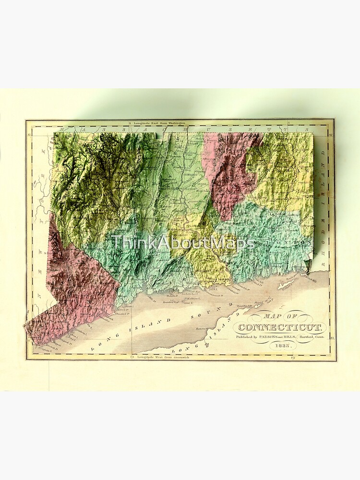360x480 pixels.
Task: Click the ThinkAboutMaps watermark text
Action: point(183,243)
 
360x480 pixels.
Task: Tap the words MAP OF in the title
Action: point(280,317)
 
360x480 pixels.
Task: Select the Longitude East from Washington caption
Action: point(158,123)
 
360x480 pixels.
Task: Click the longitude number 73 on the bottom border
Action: point(133,357)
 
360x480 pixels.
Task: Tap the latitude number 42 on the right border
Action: point(332,136)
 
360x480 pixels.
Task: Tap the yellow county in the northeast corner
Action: point(283,173)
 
